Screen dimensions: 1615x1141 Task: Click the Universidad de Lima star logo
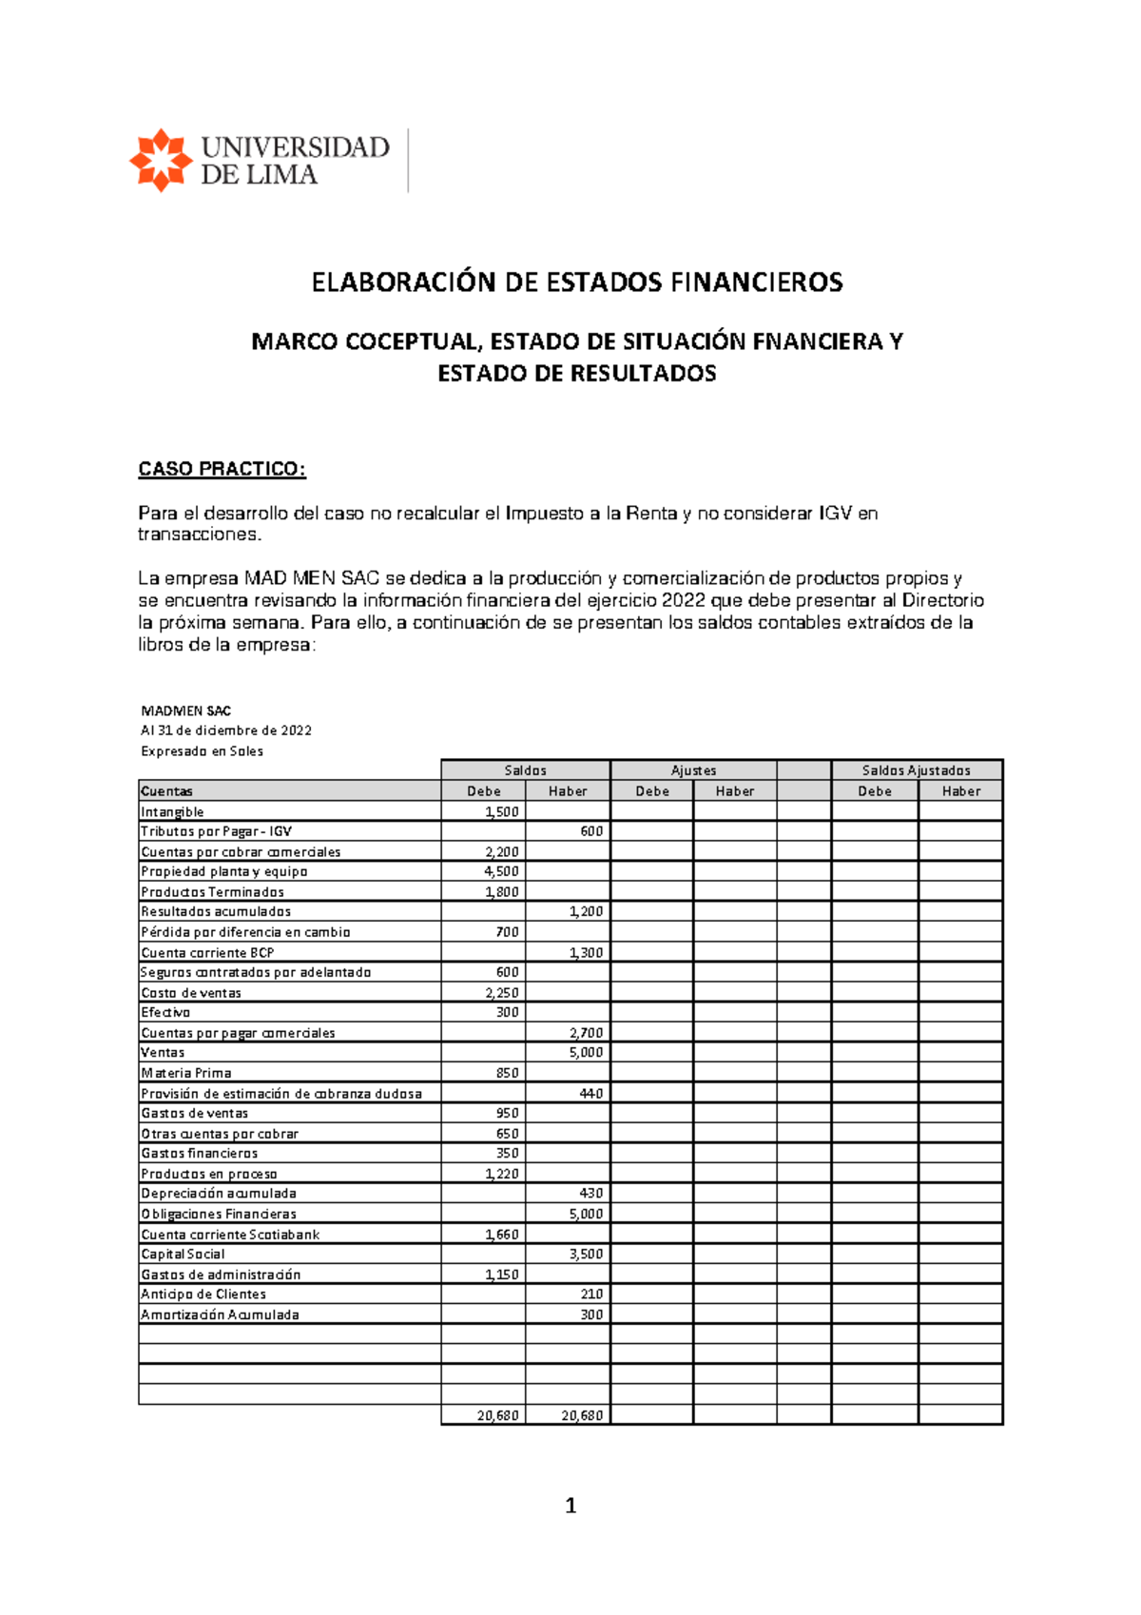[x=161, y=160]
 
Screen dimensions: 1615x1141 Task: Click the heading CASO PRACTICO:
[x=222, y=469]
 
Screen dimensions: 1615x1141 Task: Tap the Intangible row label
[x=172, y=811]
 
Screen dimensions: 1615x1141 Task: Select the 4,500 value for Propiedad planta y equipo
[x=501, y=871]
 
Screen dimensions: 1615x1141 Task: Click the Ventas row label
[x=163, y=1052]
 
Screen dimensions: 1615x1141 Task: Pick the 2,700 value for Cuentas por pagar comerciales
[x=586, y=1033]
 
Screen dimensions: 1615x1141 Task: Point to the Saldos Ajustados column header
[x=916, y=770]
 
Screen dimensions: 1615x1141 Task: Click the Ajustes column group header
[x=693, y=770]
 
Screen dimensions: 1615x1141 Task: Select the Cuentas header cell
[x=167, y=791]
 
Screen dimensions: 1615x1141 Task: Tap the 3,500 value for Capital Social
[x=586, y=1254]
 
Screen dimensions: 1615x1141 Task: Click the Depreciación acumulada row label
[x=219, y=1193]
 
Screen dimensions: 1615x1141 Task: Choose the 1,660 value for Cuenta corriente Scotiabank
[x=501, y=1235]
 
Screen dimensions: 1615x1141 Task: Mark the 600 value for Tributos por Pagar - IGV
[x=591, y=831]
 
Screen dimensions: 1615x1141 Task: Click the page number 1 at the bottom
[x=570, y=1506]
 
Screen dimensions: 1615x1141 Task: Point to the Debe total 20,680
[x=497, y=1415]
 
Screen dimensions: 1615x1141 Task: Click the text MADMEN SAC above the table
[x=186, y=710]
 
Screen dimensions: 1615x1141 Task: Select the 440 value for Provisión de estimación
[x=591, y=1094]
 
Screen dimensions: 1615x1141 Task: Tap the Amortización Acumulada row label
[x=220, y=1314]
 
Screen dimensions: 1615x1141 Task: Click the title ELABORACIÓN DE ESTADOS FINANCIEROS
[x=577, y=282]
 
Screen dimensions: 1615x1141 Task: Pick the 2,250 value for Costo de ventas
[x=501, y=993]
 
